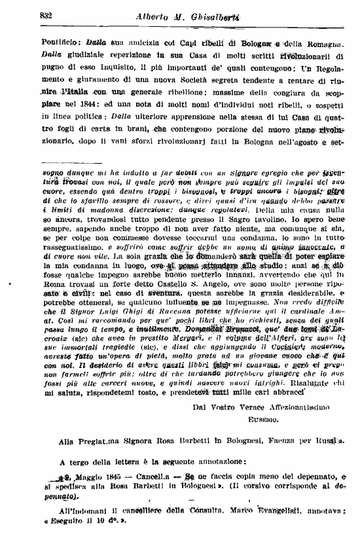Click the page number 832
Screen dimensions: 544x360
coord(46,15)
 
